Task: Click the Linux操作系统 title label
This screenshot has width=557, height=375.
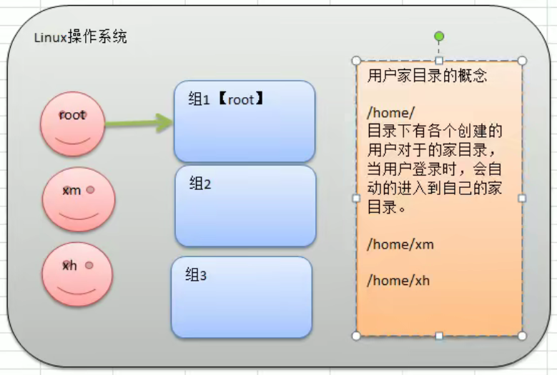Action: tap(80, 37)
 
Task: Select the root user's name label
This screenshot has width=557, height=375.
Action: tap(72, 115)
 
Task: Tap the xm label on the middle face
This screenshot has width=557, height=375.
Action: tap(72, 191)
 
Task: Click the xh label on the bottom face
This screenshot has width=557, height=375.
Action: tap(69, 265)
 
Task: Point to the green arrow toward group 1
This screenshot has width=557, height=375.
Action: tap(139, 123)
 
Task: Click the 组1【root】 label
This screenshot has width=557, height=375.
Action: tap(226, 99)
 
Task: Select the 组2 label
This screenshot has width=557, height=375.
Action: tap(200, 184)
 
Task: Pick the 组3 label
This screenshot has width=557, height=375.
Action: tap(196, 274)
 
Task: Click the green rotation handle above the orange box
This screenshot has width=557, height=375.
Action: tap(439, 36)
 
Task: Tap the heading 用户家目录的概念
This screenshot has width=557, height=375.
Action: tap(428, 76)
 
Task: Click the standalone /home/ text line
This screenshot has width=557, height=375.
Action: tap(390, 113)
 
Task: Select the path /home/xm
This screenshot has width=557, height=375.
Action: tap(400, 244)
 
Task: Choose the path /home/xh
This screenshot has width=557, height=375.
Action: tap(398, 281)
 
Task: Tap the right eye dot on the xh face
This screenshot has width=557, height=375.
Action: tap(89, 265)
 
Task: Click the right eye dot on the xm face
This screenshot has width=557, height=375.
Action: tap(90, 190)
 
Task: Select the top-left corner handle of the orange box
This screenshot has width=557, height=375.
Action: tap(356, 61)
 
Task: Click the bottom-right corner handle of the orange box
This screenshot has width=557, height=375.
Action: tap(522, 336)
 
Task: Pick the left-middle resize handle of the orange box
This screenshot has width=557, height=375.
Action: tap(356, 199)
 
